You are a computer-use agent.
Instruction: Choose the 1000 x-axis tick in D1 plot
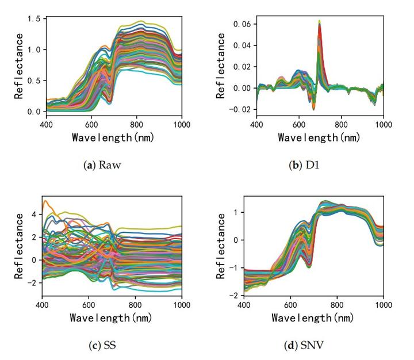(383, 123)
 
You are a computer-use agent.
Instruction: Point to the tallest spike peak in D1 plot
(319, 21)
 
